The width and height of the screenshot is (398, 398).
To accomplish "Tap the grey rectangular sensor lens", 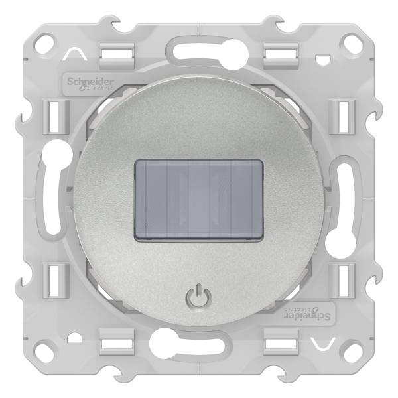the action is tap(198, 200).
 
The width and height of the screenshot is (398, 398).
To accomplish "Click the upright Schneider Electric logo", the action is tap(90, 84).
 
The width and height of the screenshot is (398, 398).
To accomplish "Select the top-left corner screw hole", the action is tap(46, 41).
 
